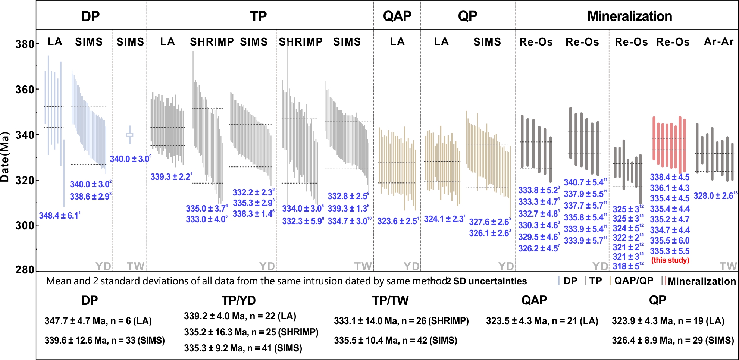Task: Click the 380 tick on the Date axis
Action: [x=25, y=44]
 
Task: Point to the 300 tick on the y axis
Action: [x=25, y=226]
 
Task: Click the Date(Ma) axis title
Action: [x=5, y=157]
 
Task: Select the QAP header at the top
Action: [x=397, y=16]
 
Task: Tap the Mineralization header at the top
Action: [x=629, y=16]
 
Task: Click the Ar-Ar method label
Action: [x=718, y=42]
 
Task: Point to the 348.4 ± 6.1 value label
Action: [x=59, y=216]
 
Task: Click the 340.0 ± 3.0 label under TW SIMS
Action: [x=130, y=159]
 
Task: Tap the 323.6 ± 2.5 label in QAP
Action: [x=397, y=221]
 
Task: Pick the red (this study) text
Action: [x=670, y=260]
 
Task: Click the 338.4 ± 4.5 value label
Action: [x=670, y=177]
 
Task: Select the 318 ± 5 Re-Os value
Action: [x=627, y=266]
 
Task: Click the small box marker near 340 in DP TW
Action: [x=130, y=135]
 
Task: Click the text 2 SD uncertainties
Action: [x=486, y=281]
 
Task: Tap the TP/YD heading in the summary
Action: [x=238, y=300]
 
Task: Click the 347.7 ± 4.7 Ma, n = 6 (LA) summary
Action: [x=98, y=321]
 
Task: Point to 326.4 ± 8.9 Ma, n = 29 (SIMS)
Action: [x=673, y=340]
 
